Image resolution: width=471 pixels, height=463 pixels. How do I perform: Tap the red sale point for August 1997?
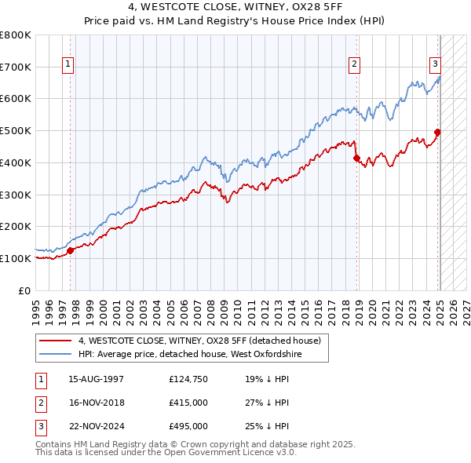coord(70,250)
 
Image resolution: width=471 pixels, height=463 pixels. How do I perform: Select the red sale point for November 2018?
coord(356,158)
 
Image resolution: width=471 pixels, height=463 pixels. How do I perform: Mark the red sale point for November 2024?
coord(437,132)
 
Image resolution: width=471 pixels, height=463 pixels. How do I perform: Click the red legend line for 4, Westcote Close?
coord(55,341)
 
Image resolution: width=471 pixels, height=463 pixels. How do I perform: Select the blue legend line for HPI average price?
coord(55,355)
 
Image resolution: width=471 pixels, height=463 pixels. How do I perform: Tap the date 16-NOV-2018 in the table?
coord(97,403)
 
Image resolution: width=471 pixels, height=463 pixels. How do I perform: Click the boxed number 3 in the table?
coord(40,426)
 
